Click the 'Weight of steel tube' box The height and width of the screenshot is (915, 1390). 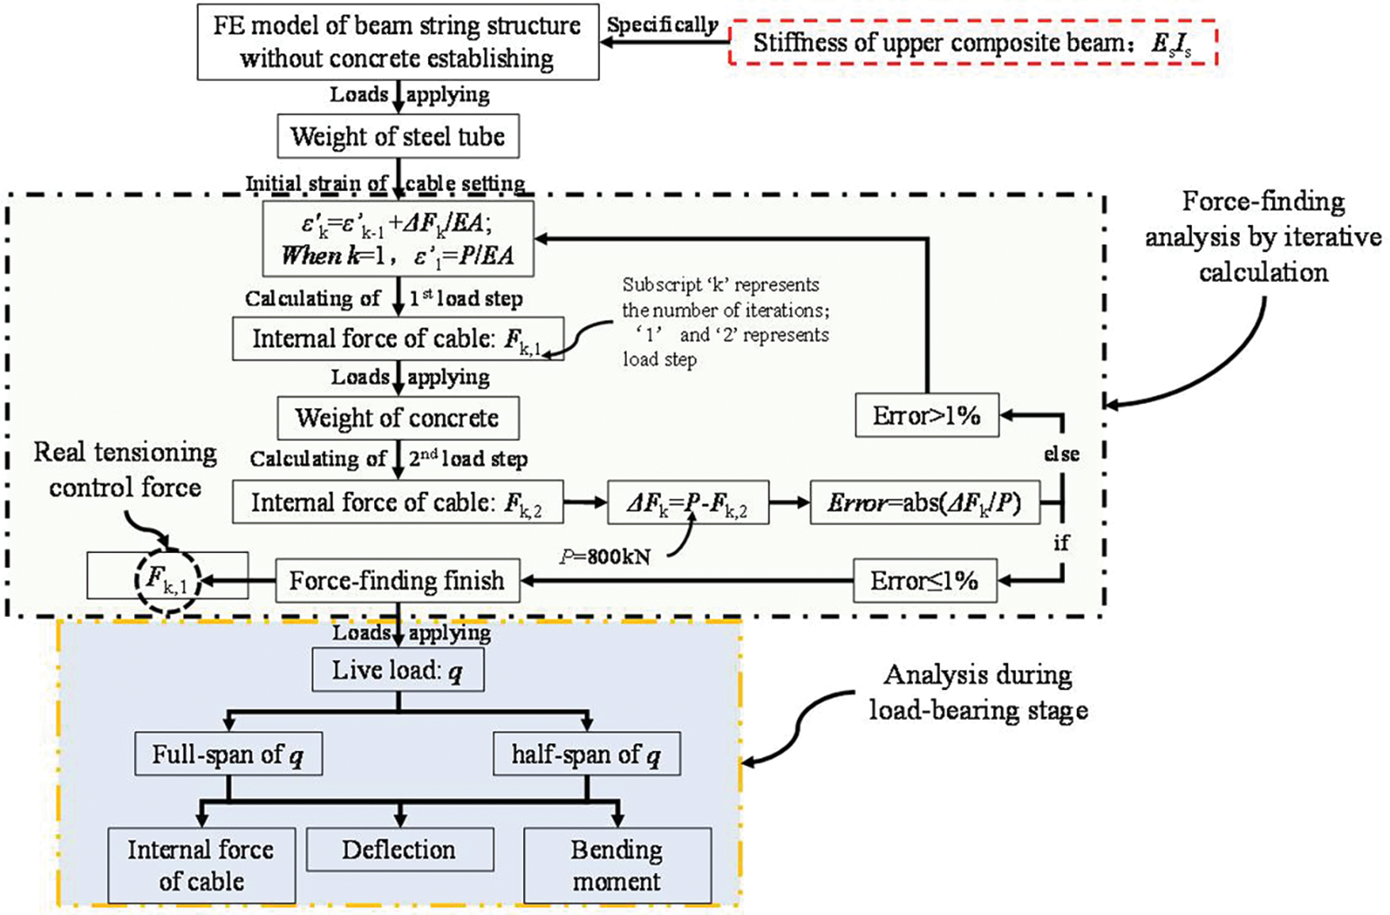(398, 136)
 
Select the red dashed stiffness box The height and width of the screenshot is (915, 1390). (972, 43)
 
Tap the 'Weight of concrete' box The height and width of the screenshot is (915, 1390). (398, 418)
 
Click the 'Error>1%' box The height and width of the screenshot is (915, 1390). (927, 415)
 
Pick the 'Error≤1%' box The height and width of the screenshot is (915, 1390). (925, 580)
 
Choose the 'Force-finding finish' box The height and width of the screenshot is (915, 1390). (397, 580)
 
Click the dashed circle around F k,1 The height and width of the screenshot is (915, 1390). (168, 581)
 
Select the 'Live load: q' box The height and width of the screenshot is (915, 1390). (398, 669)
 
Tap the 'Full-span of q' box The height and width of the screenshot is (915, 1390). (228, 754)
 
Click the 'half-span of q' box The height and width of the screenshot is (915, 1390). (586, 754)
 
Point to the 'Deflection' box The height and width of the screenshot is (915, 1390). (400, 849)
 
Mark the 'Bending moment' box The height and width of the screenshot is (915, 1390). (617, 865)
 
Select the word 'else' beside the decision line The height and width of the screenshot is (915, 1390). (1061, 454)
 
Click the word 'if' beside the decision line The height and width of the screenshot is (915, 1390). (1061, 542)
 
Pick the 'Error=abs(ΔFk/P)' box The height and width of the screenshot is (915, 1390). (925, 503)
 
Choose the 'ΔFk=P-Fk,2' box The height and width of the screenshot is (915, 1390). (688, 503)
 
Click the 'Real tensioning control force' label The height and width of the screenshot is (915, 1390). (126, 470)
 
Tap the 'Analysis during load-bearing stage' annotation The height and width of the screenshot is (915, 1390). (979, 693)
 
